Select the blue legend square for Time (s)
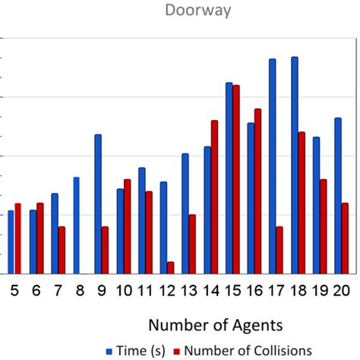point(109,350)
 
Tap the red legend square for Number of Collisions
point(178,350)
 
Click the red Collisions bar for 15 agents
point(236,179)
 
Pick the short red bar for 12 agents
point(171,267)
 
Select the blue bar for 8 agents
point(76,225)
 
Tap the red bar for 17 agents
point(279,250)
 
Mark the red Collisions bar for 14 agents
point(214,197)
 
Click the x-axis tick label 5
point(14,290)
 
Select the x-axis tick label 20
point(341,290)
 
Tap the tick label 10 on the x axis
point(123,290)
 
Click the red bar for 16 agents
point(257,191)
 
